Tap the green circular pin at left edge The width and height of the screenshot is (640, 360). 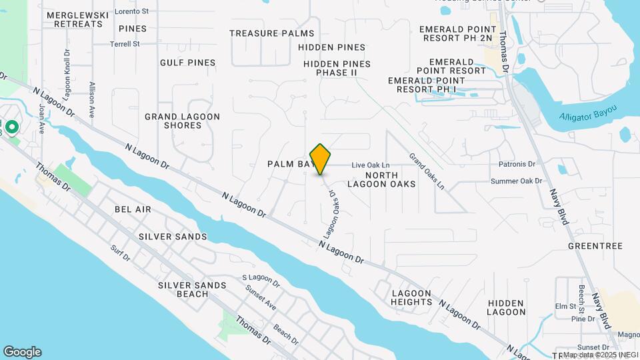click(x=11, y=126)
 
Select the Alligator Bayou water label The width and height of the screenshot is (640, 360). click(x=588, y=114)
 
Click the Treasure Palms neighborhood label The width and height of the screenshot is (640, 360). click(x=271, y=33)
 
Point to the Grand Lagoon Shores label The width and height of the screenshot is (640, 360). click(x=182, y=121)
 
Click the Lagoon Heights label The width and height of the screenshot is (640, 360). click(x=412, y=297)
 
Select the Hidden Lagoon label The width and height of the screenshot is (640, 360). click(x=506, y=307)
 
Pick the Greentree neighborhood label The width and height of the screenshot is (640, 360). click(x=595, y=246)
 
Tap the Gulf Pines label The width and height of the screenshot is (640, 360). click(x=187, y=63)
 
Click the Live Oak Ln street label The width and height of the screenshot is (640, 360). click(x=370, y=165)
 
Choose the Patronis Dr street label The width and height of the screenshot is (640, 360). click(x=517, y=164)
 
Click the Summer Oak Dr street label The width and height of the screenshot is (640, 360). click(x=516, y=181)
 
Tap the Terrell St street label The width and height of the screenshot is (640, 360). click(x=125, y=44)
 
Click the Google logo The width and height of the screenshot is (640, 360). click(x=22, y=352)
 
